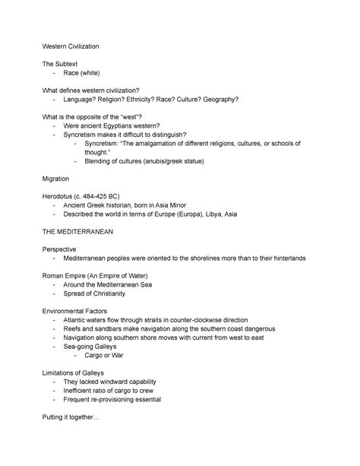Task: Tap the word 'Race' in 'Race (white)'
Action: [73, 78]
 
